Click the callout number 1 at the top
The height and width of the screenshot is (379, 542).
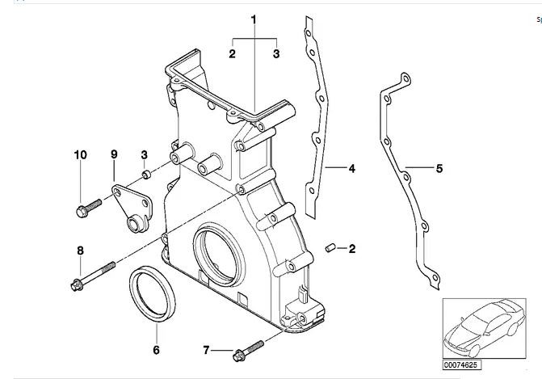pos(253,18)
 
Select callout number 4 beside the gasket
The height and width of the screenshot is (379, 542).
pos(352,169)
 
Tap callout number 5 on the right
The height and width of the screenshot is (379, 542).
pos(439,169)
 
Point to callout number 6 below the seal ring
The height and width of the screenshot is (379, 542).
pos(156,350)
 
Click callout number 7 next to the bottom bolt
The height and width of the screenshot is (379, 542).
pos(206,350)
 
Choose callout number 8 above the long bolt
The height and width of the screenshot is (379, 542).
pos(79,251)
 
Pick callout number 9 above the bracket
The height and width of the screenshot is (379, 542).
pos(114,154)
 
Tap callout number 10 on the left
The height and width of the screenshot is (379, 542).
pos(79,154)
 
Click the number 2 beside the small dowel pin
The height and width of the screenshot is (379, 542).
pos(352,250)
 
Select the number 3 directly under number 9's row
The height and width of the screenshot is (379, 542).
pos(144,154)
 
